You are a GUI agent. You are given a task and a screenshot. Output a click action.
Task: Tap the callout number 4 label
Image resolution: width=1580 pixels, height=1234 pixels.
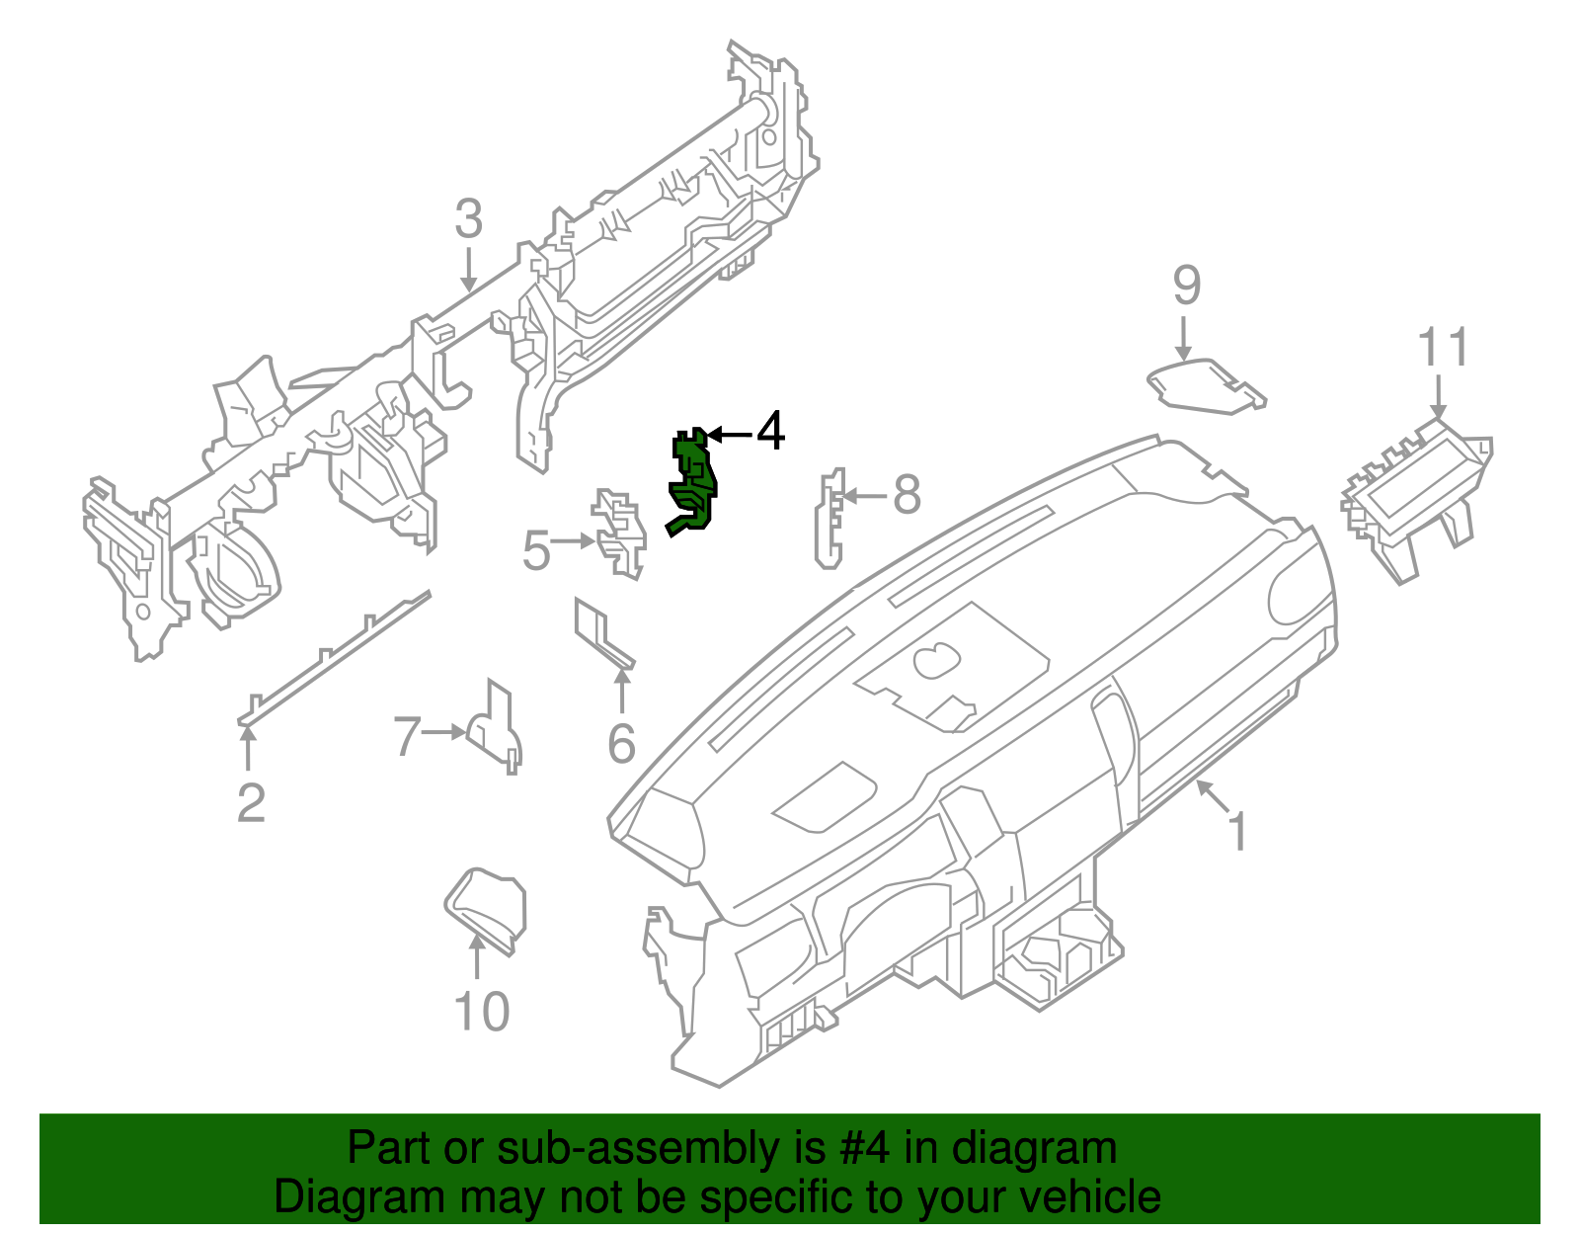pyautogui.click(x=770, y=432)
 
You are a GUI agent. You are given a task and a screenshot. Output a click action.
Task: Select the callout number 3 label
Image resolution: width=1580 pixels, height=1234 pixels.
pyautogui.click(x=468, y=219)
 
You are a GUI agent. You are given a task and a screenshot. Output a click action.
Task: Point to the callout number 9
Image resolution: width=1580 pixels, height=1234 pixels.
pyautogui.click(x=1186, y=286)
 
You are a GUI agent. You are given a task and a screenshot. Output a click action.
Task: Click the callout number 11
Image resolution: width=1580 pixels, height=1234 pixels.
pyautogui.click(x=1443, y=348)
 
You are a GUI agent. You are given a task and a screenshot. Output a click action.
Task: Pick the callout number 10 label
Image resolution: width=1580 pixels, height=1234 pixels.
pyautogui.click(x=481, y=1012)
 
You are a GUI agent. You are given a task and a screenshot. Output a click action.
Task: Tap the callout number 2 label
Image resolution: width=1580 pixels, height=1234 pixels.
pyautogui.click(x=251, y=802)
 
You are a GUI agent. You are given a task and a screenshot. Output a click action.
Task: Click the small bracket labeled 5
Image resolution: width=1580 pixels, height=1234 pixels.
pyautogui.click(x=619, y=534)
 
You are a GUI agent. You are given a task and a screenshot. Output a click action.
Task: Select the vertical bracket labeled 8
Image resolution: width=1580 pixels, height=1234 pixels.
pyautogui.click(x=829, y=521)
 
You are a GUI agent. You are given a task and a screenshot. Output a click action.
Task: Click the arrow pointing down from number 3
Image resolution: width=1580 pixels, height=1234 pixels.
pyautogui.click(x=468, y=268)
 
